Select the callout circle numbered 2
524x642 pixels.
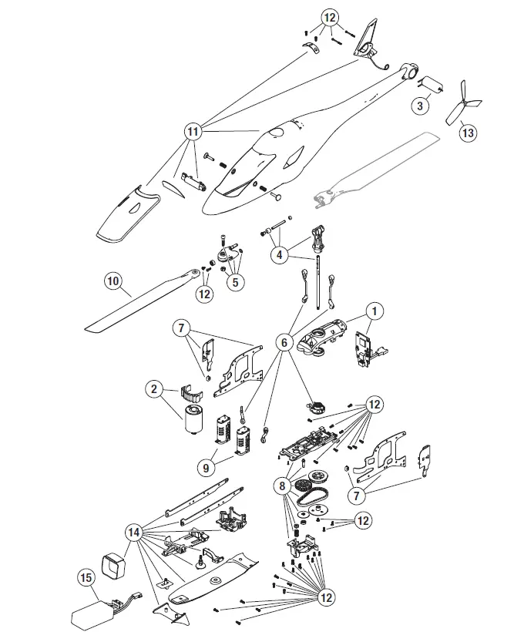154,389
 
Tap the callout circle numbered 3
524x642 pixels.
419,106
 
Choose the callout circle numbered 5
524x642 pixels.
235,282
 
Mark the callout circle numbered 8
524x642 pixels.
284,486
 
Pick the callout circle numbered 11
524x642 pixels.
193,132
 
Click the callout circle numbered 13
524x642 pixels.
468,132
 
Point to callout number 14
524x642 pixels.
134,533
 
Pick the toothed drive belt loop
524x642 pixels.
317,492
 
